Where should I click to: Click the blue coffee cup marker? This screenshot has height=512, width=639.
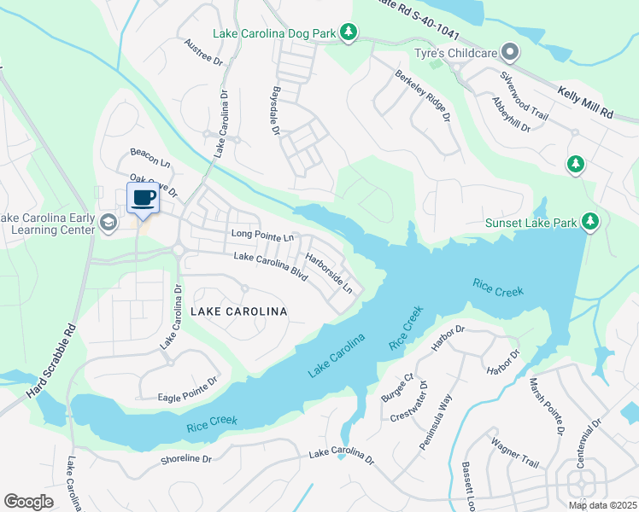click(144, 199)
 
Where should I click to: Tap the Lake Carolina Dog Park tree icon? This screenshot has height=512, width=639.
click(349, 32)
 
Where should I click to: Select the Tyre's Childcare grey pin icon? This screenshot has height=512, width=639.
click(510, 54)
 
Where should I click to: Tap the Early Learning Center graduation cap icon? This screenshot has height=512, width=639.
click(108, 223)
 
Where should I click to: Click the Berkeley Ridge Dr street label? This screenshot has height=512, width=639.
click(422, 95)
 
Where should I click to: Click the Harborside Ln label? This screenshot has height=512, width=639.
click(329, 272)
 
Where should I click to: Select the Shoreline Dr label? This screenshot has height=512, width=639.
click(185, 458)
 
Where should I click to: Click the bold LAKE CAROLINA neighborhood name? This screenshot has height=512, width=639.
click(238, 311)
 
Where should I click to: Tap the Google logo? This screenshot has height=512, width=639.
click(28, 501)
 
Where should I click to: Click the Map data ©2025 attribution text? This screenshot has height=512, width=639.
click(601, 505)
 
